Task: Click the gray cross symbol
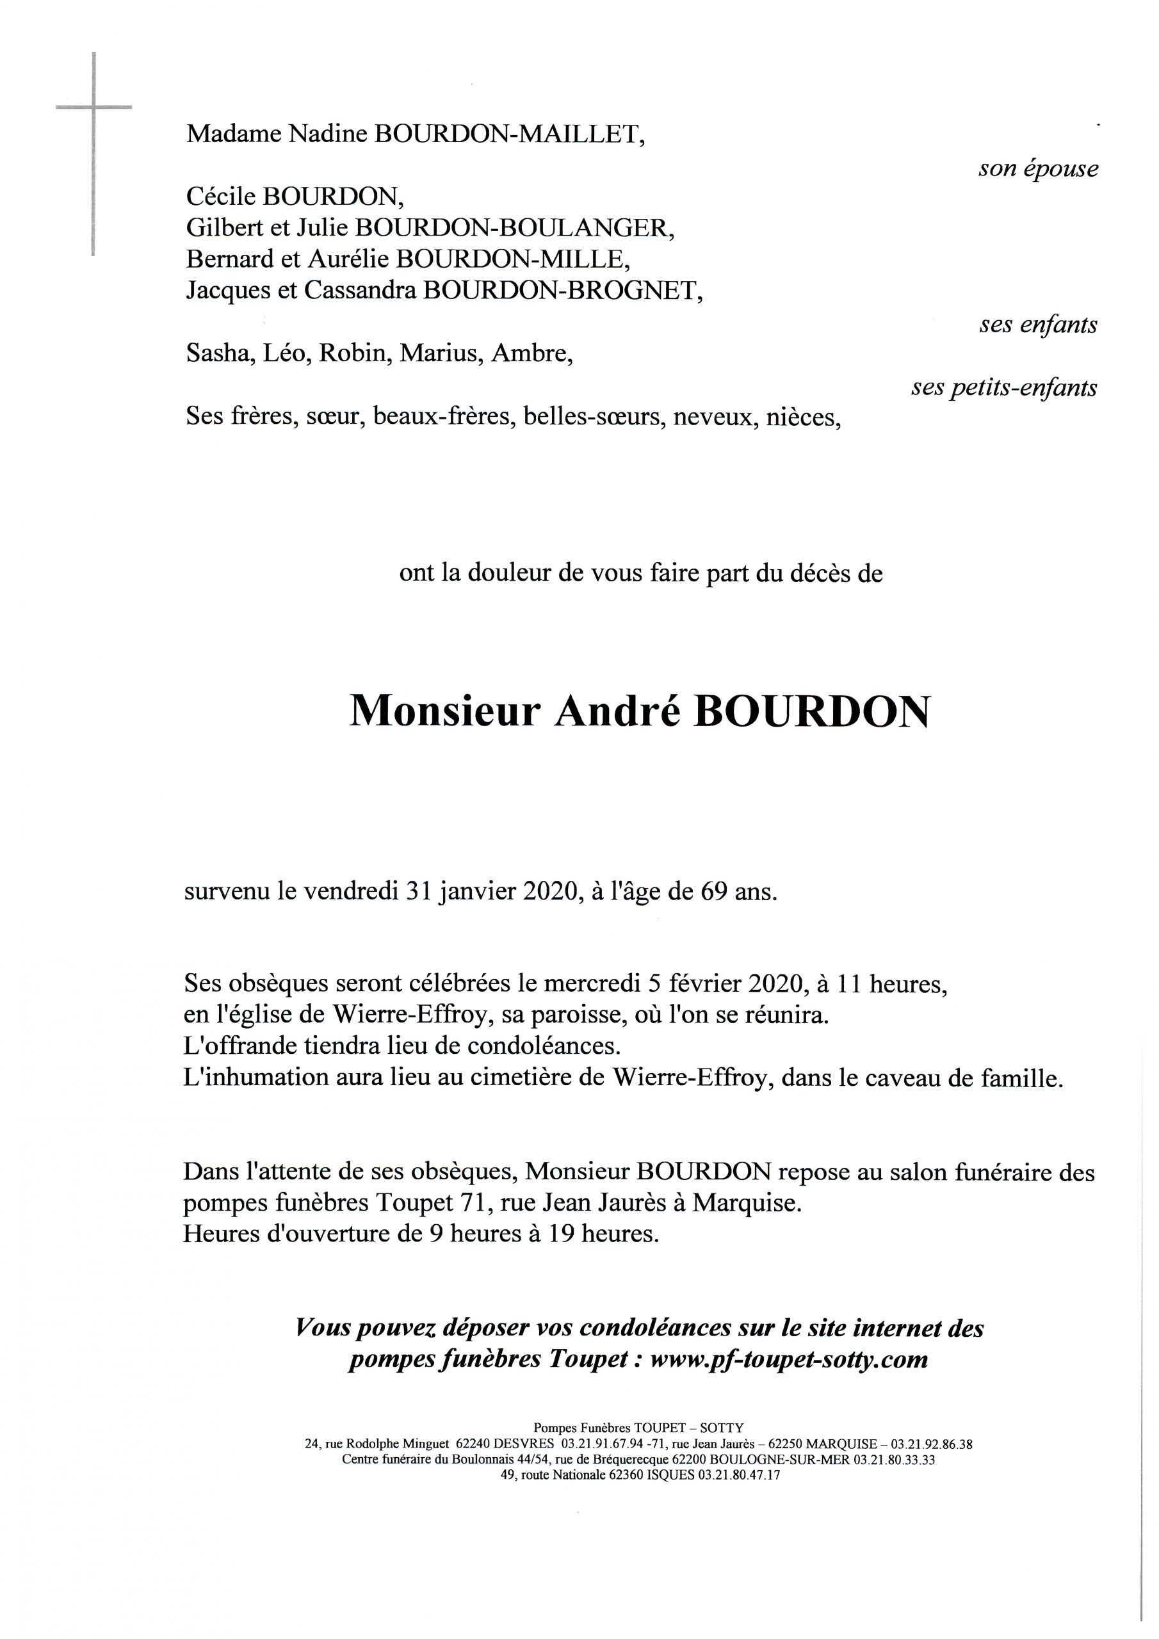[94, 107]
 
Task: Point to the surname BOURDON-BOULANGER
[514, 227]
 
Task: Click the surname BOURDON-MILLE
[514, 259]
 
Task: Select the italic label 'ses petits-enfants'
[1004, 387]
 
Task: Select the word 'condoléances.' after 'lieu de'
[544, 1047]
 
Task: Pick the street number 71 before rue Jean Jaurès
[467, 1204]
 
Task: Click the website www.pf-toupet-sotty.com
[790, 1359]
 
